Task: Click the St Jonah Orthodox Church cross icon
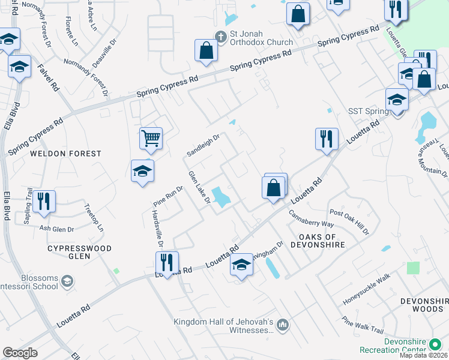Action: point(220,37)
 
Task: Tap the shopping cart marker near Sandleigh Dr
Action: point(151,138)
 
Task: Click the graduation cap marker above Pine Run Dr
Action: point(142,171)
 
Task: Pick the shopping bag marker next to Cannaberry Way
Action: point(274,188)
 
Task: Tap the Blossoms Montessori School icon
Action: point(68,280)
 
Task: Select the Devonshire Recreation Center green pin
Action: point(436,345)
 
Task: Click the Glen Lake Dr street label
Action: point(199,187)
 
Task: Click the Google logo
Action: point(20,353)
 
